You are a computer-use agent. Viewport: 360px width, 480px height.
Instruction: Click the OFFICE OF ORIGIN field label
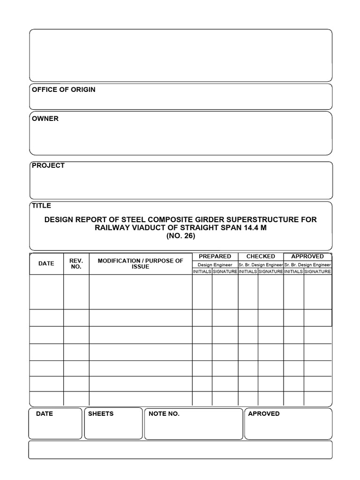[63, 90]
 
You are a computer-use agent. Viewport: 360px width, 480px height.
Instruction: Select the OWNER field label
[45, 119]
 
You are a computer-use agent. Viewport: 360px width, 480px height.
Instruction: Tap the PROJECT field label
[48, 165]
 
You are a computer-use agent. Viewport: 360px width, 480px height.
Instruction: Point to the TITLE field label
[41, 205]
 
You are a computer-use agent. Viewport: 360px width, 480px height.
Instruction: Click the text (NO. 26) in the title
[180, 236]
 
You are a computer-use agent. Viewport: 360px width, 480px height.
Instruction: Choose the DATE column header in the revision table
[46, 263]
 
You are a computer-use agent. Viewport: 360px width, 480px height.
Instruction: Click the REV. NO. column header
[76, 263]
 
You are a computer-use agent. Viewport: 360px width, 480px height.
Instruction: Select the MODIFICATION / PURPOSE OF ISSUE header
[140, 263]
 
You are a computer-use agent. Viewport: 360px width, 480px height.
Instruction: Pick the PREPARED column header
[215, 256]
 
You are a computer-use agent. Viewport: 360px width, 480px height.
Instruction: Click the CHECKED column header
[261, 256]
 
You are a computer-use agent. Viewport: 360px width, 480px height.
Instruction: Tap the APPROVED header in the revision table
[307, 256]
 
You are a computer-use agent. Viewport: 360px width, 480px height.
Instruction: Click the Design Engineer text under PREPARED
[215, 265]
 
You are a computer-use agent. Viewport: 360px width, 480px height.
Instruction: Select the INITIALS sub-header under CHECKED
[247, 271]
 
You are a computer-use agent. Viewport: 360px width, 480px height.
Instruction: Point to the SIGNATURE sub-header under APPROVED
[317, 271]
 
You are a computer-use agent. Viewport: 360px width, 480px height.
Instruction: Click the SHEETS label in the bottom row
[101, 414]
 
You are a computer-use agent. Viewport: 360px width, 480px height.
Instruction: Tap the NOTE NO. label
[164, 414]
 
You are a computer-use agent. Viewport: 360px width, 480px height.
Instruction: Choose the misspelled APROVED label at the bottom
[263, 414]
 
